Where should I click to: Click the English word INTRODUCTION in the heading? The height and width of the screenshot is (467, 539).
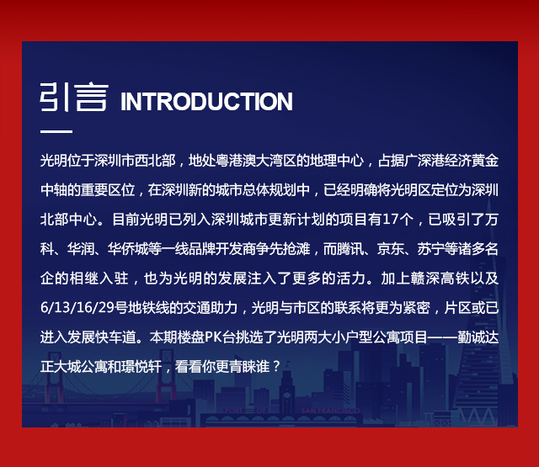(206, 101)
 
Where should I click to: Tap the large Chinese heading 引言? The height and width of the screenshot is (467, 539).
(74, 97)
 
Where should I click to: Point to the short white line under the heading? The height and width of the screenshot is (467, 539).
(56, 131)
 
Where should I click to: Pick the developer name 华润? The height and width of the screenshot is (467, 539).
(81, 249)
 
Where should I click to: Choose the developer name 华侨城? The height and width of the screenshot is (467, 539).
(127, 249)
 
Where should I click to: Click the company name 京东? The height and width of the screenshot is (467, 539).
(390, 249)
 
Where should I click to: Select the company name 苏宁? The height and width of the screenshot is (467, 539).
(430, 249)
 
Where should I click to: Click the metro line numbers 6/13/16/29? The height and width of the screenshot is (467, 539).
(77, 308)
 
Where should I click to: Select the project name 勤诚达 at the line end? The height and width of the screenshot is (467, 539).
(478, 337)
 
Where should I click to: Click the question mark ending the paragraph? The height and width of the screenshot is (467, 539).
(275, 367)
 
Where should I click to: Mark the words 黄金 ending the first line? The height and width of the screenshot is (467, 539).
(485, 161)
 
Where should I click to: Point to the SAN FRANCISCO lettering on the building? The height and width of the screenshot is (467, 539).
(330, 411)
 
